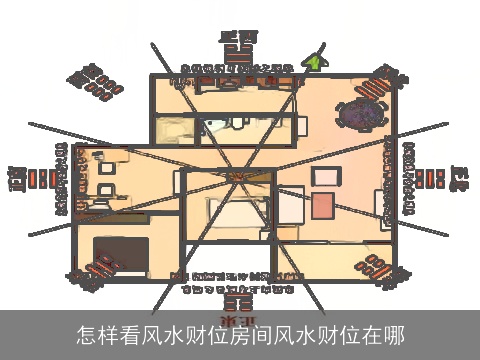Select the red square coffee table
click(323, 205)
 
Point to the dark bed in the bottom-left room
click(121, 254)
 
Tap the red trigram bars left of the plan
click(43, 180)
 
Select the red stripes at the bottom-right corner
click(381, 268)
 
